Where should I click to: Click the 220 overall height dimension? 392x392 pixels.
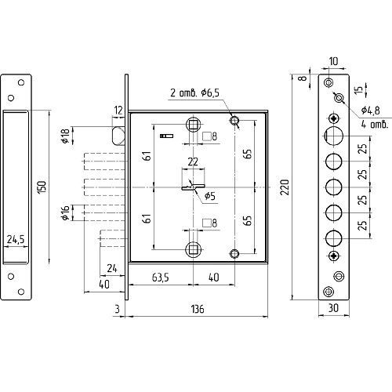(x=285, y=187)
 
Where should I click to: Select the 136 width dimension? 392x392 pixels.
(x=198, y=309)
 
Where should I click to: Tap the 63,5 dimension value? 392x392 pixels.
(x=160, y=278)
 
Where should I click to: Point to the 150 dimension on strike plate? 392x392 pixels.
(x=42, y=187)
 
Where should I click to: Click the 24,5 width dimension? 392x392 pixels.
(x=16, y=239)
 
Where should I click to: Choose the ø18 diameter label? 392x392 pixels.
(x=65, y=136)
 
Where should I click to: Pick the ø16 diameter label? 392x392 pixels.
(x=65, y=212)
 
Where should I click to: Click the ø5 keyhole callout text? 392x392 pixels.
(x=209, y=196)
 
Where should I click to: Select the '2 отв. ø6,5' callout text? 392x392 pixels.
(x=194, y=93)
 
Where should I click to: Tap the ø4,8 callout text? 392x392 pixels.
(x=370, y=111)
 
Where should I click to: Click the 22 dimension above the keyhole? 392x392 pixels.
(x=193, y=162)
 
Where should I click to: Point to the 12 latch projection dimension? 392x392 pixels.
(x=118, y=111)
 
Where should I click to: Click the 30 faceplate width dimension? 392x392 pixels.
(x=333, y=308)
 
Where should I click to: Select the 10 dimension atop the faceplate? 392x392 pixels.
(x=333, y=61)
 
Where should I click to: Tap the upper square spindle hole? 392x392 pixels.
(x=193, y=125)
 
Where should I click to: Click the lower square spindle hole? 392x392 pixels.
(x=193, y=249)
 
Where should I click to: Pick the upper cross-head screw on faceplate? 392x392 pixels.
(x=334, y=118)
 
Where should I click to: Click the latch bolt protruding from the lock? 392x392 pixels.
(x=118, y=136)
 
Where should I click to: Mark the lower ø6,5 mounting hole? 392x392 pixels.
(x=234, y=253)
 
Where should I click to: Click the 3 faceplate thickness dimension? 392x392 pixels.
(x=117, y=309)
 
